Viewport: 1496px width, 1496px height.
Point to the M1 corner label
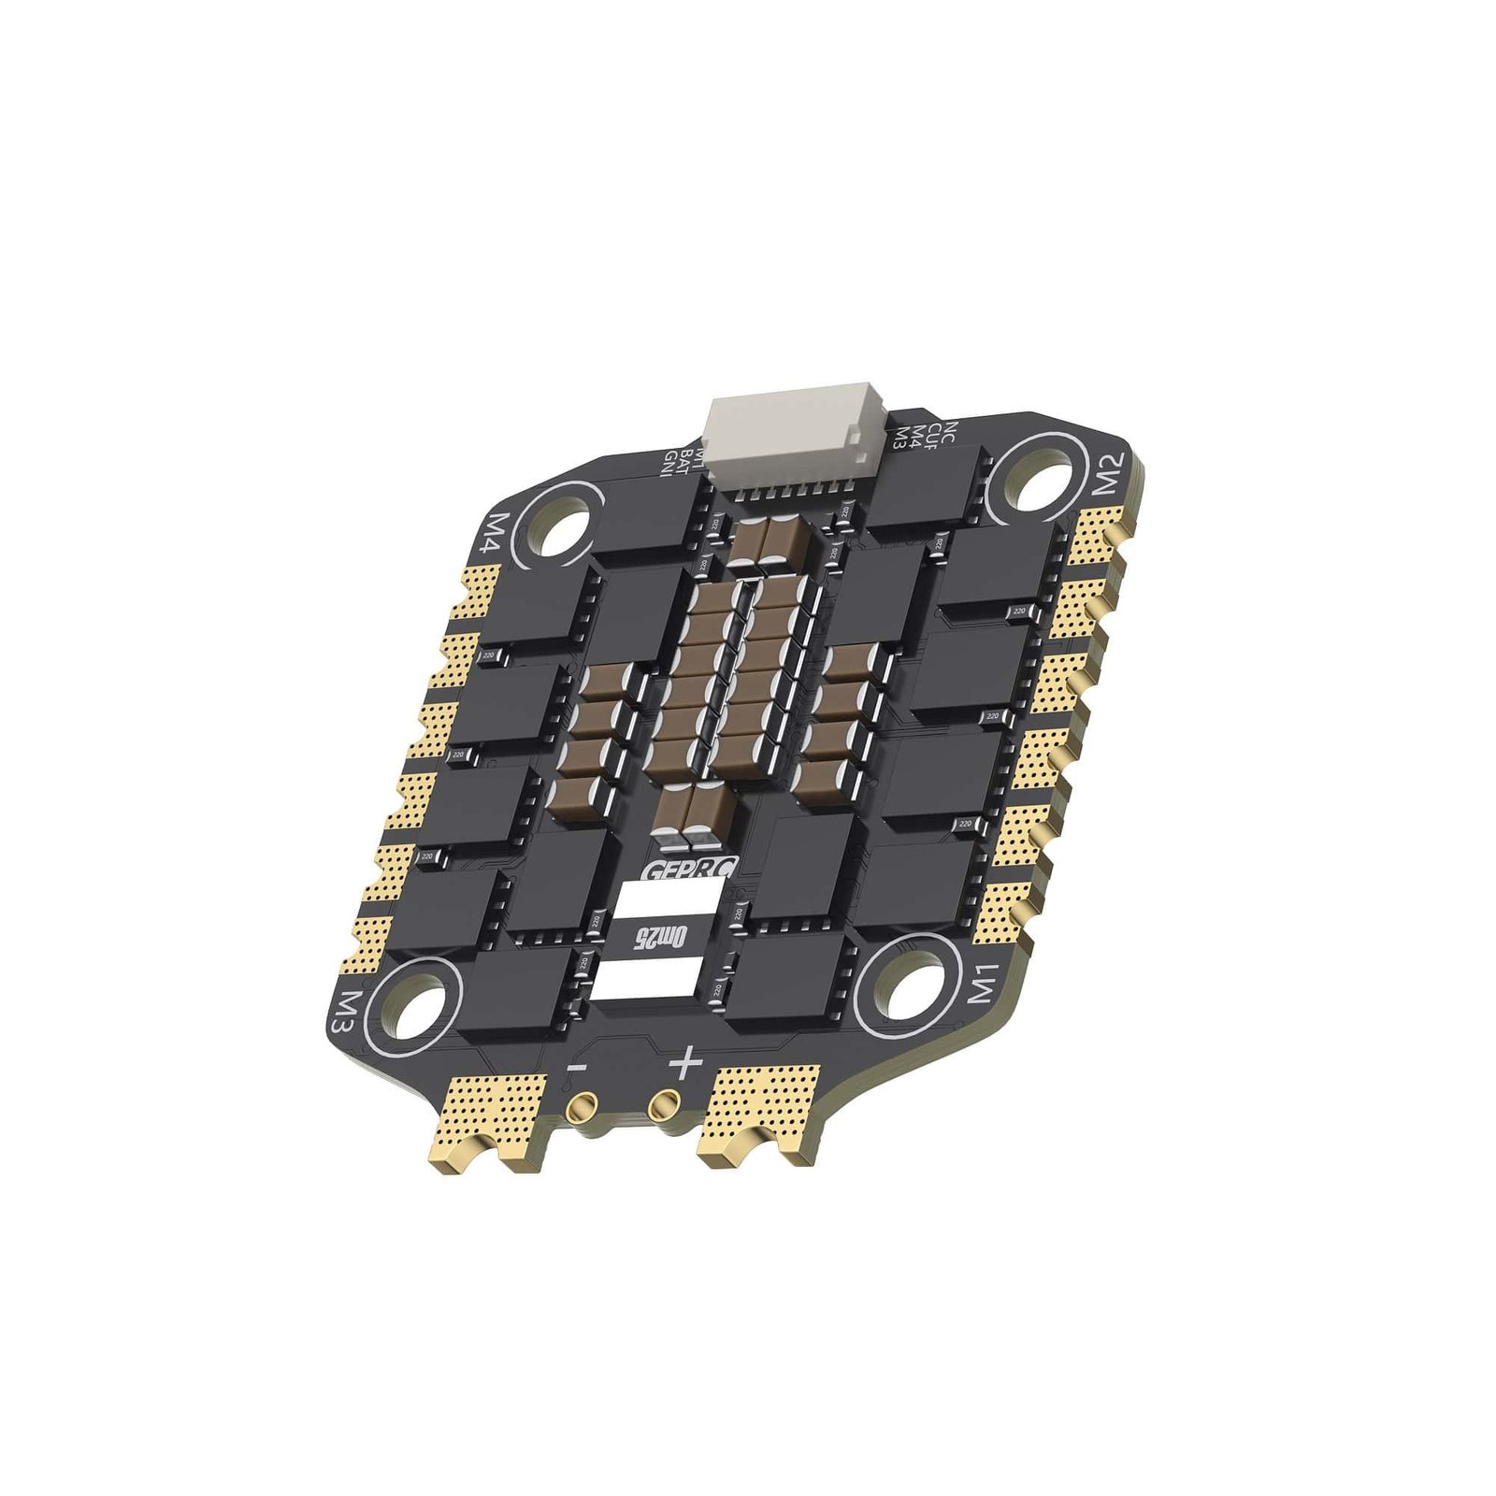tap(985, 982)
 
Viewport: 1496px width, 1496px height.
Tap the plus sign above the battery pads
tap(685, 1062)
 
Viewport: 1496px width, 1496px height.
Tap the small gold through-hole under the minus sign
tap(581, 1110)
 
